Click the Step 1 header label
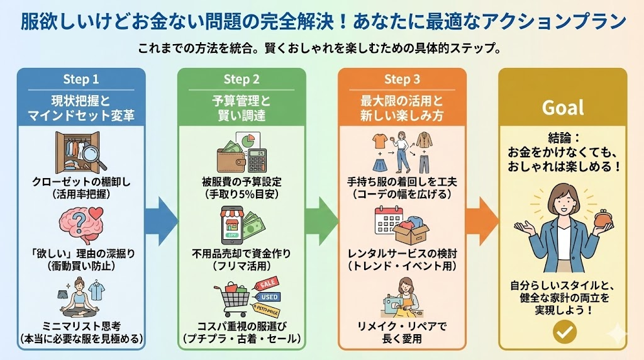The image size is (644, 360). tap(80, 79)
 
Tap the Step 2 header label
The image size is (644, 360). tap(241, 79)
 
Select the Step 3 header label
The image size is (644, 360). tap(402, 79)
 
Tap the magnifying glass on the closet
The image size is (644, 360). tap(92, 154)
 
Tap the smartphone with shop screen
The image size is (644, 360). tap(230, 225)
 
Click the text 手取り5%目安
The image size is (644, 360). tap(241, 194)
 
